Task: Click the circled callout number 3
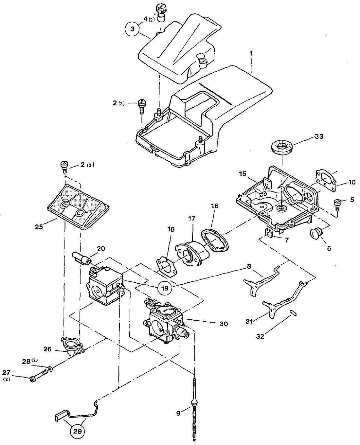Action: (132, 29)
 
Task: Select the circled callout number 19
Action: (165, 288)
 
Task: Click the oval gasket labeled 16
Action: (215, 239)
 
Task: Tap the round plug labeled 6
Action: (316, 234)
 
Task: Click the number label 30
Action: (224, 324)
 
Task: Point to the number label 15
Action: (243, 174)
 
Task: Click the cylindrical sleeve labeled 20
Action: (82, 258)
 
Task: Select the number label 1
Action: (251, 53)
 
